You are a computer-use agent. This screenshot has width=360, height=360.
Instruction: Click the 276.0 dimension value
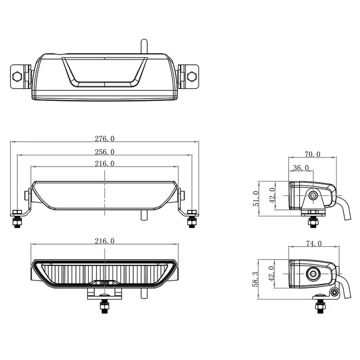(x=105, y=138)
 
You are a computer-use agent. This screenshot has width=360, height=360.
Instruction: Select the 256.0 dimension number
(x=105, y=151)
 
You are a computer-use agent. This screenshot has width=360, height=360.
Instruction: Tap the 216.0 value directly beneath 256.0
(x=105, y=164)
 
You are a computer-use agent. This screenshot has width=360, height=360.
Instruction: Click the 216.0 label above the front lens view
(x=105, y=241)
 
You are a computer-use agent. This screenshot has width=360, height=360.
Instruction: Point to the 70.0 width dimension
(x=312, y=154)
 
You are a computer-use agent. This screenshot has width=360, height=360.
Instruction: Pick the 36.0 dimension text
(x=301, y=167)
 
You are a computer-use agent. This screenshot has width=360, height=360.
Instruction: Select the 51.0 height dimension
(x=256, y=198)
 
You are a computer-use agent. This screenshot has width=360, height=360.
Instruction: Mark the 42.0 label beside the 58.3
(x=273, y=273)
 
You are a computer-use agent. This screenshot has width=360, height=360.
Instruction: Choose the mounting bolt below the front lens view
(x=105, y=305)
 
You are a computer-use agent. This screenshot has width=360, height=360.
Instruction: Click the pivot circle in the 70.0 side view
(x=313, y=195)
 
